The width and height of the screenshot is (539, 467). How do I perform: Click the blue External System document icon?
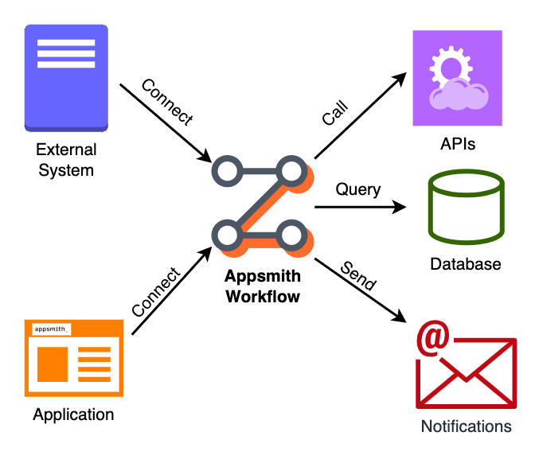66,78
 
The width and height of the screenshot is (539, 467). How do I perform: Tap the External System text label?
66,160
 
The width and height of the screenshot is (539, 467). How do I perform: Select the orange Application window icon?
73,357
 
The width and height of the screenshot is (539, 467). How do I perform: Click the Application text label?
73,414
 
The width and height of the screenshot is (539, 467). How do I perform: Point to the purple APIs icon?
457,78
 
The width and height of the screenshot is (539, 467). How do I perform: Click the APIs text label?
458,144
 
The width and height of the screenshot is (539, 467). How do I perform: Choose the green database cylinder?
466,208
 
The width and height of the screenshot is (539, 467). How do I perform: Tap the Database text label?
466,264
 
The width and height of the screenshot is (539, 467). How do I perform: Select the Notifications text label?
466,426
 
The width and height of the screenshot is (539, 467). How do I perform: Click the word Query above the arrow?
357,190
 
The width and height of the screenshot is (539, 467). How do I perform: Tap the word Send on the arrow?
357,274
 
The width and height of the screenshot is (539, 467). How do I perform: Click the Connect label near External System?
166,103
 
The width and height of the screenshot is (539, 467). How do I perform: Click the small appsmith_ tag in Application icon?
51,329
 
